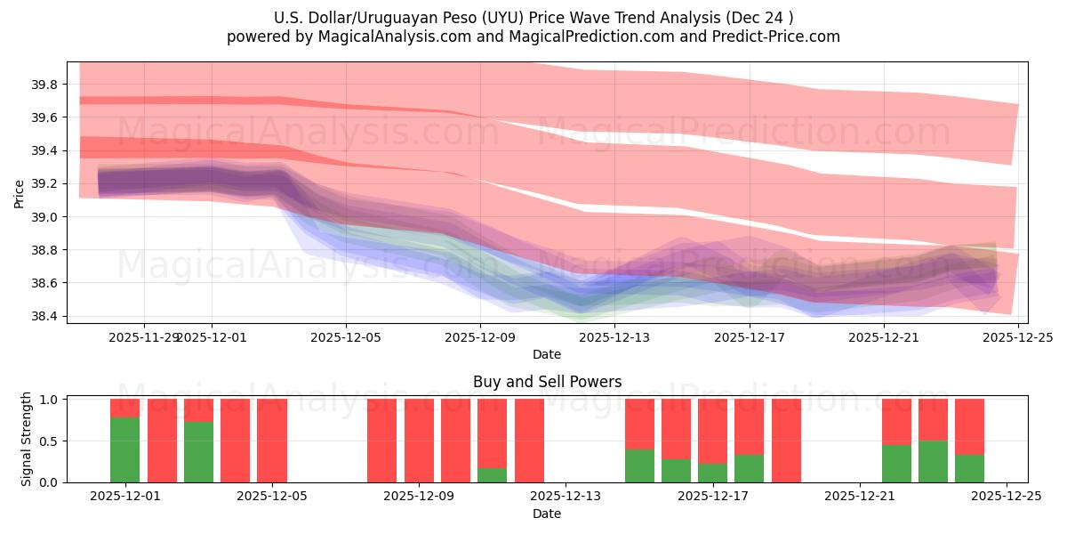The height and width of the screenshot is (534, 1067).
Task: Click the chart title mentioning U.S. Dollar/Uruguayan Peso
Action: coord(533,18)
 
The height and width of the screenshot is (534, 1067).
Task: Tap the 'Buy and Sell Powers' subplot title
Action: coord(547,382)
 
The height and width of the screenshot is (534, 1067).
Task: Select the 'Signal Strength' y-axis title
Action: coord(27,439)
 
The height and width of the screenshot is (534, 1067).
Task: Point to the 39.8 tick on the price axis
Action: coord(44,85)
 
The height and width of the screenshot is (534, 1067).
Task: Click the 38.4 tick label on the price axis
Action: coord(44,316)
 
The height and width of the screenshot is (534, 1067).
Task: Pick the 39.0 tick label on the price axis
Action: coord(44,217)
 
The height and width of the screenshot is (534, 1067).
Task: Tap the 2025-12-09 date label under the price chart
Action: coord(480,337)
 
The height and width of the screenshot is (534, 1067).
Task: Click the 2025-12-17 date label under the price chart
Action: coord(750,337)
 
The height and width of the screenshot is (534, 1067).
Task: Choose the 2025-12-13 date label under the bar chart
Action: coord(566,496)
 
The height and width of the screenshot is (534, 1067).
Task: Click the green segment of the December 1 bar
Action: coord(124,449)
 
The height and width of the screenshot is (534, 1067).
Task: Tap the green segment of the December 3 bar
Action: coord(198,452)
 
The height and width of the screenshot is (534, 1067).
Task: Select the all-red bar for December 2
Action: coord(162,441)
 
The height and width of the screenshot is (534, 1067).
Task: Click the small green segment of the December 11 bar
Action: coord(492,475)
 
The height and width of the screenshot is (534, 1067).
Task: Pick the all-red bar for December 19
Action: coord(786,441)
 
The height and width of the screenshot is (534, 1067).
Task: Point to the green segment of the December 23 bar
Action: coord(933,461)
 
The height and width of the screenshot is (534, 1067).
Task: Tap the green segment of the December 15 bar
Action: coord(639,465)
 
